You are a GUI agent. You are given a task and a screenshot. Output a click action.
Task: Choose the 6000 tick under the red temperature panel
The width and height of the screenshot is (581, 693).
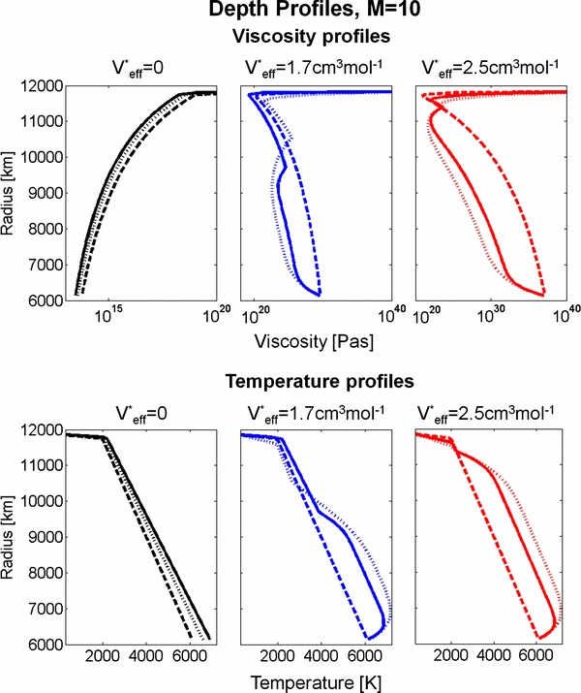tap(535, 658)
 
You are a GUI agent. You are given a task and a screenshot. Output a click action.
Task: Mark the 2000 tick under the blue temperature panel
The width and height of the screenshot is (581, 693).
tap(279, 658)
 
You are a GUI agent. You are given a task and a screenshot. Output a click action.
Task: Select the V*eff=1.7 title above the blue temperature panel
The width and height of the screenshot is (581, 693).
tap(316, 411)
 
